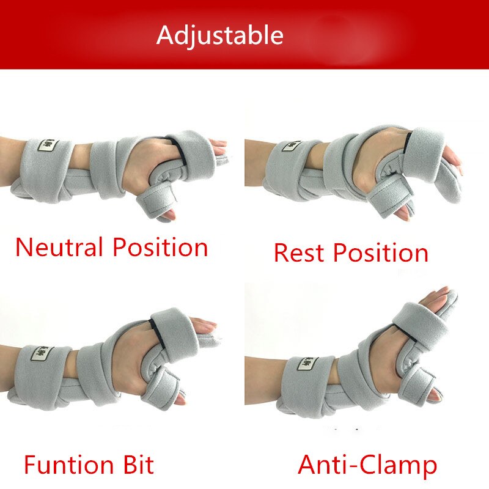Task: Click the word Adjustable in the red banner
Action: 219,35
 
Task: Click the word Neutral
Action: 59,247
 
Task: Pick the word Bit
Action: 136,465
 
